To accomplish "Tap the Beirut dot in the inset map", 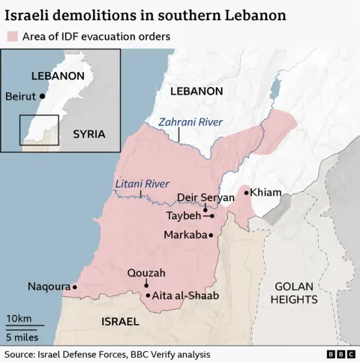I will (x=43, y=96).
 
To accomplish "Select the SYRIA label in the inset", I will (x=88, y=133).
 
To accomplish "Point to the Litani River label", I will (x=142, y=184).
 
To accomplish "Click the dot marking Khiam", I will (x=246, y=193).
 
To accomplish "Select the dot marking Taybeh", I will (x=212, y=216).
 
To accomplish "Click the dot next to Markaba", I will (x=211, y=235).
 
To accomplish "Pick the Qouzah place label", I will (x=146, y=272).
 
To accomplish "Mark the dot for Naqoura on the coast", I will (x=74, y=286).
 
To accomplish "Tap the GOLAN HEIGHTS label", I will (x=296, y=292).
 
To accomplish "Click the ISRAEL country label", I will (x=119, y=321).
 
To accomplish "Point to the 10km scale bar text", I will (x=19, y=319).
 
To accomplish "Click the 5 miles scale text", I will (x=22, y=334).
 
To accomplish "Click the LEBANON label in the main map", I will (x=196, y=91).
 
